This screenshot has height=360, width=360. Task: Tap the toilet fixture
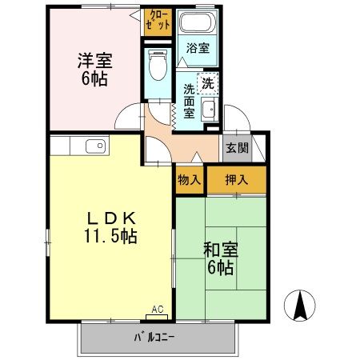click(x=157, y=65)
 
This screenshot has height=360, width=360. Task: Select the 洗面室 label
click(x=190, y=101)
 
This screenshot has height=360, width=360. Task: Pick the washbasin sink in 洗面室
click(x=210, y=110)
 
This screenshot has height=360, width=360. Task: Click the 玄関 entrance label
click(x=236, y=148)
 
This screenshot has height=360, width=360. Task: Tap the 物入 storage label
click(x=189, y=180)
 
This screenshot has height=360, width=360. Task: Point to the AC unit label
click(x=157, y=309)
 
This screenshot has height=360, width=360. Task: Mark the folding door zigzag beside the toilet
click(x=172, y=115)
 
